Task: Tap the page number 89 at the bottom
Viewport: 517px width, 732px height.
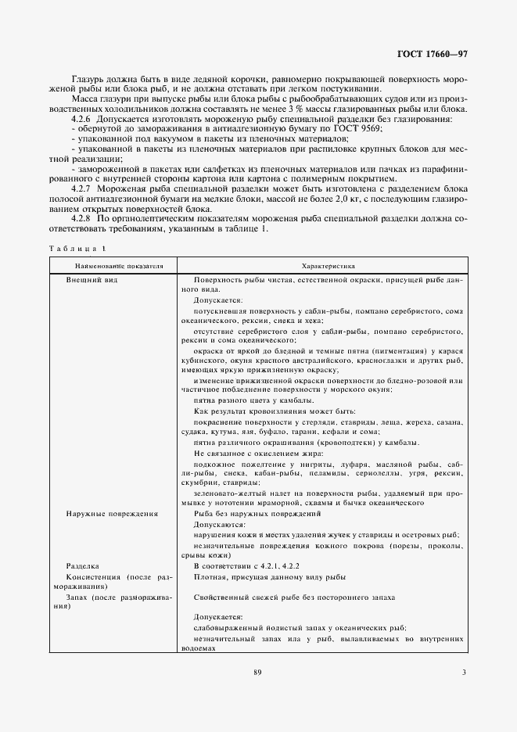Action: [258, 671]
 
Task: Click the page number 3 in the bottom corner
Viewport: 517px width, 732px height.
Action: [464, 671]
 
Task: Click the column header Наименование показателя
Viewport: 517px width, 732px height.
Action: [114, 266]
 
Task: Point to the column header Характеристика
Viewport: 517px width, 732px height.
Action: [321, 266]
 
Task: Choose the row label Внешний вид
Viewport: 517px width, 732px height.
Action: [92, 279]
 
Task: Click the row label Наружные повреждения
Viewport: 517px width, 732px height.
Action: [112, 514]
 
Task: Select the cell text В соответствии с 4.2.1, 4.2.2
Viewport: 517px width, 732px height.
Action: [246, 565]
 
